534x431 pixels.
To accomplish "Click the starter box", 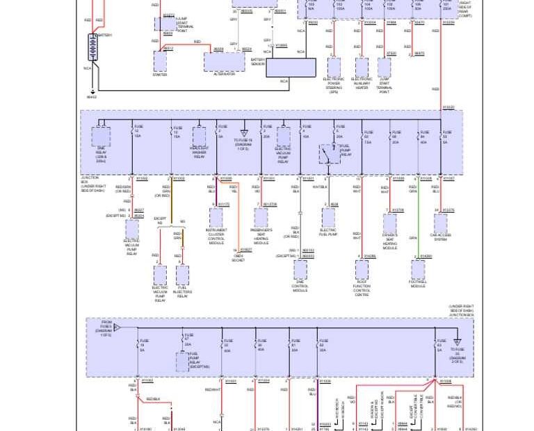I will click(160, 61).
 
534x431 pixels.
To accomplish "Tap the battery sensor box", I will click(291, 67).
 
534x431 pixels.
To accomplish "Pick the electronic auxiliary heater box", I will click(362, 67).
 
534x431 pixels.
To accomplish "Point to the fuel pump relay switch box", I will click(329, 154).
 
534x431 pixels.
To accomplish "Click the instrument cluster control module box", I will click(216, 218).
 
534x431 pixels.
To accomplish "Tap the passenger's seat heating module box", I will click(261, 218).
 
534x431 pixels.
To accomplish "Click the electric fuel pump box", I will click(328, 218).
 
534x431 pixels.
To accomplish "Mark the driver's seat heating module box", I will click(390, 223).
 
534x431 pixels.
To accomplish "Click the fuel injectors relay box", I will click(182, 275).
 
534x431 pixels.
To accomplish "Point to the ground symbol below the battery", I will click(92, 91).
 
